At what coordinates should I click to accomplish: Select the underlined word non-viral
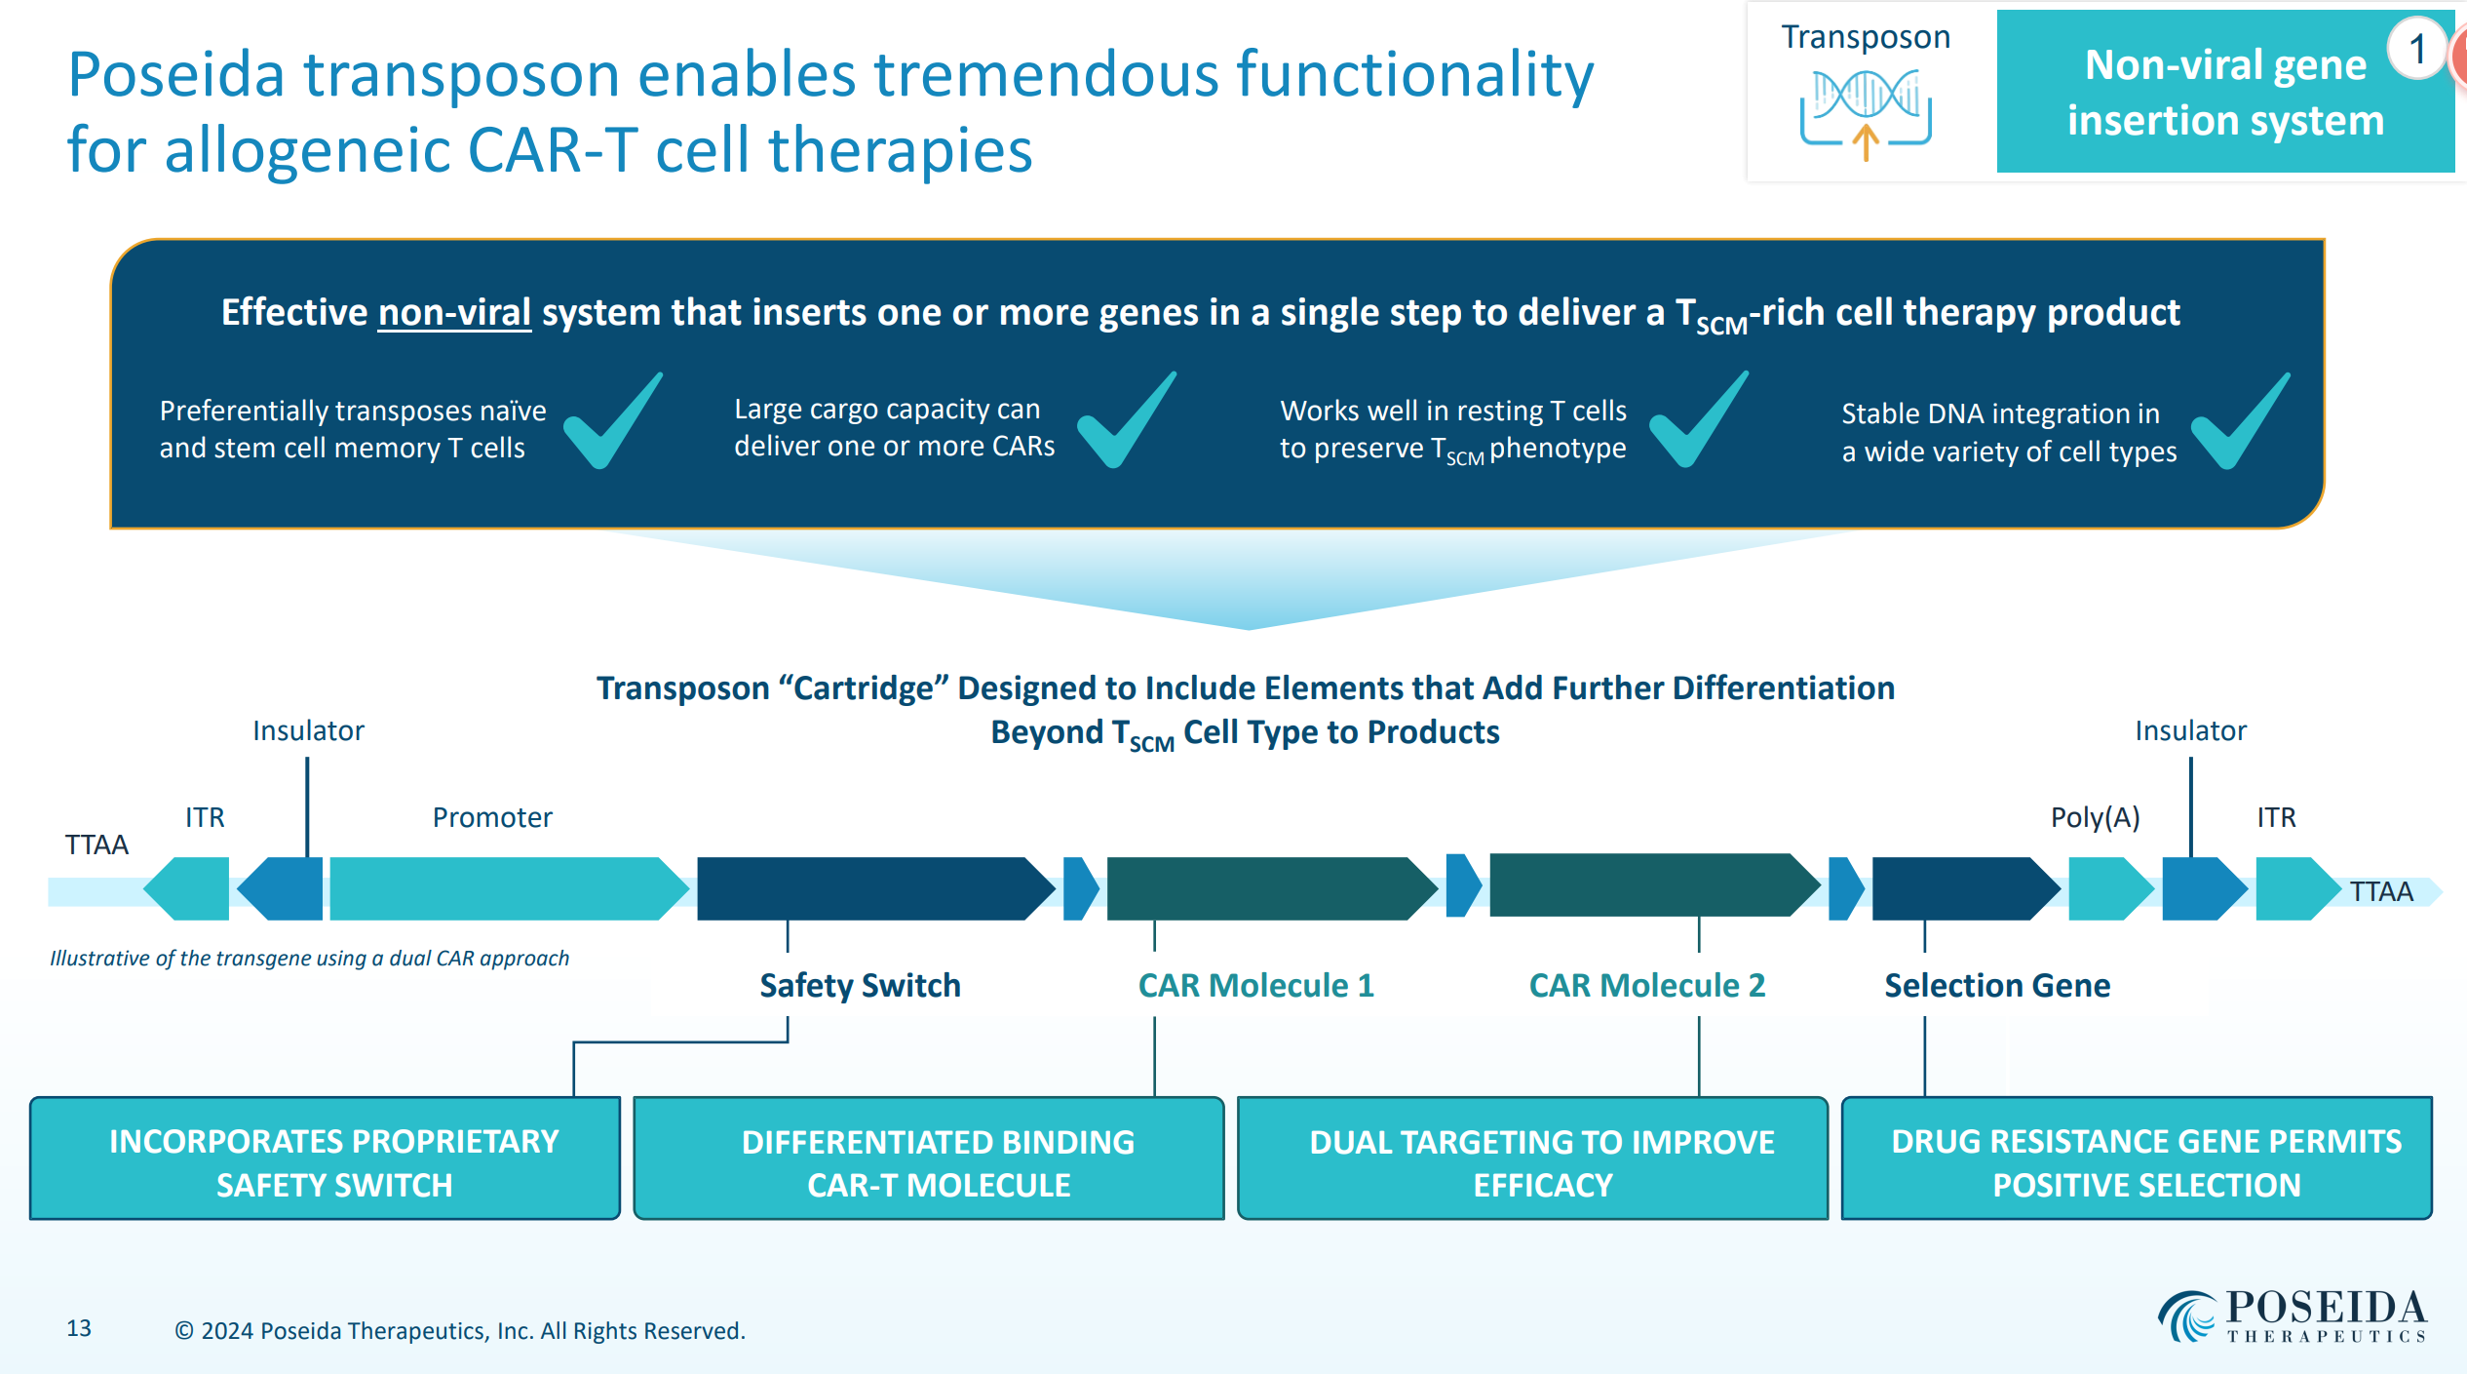454,312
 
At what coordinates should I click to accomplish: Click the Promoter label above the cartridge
492,817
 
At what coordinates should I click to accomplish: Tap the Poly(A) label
2095,817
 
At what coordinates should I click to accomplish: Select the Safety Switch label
860,985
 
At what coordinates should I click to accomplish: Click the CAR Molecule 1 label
1255,985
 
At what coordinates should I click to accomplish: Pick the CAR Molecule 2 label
1646,985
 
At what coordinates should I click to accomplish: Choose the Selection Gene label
1996,985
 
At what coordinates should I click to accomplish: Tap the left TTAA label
96,844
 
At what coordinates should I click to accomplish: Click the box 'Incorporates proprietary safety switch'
325,1158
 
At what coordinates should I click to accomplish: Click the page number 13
79,1328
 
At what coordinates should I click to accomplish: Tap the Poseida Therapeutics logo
2292,1316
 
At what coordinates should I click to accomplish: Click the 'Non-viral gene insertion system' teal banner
2224,93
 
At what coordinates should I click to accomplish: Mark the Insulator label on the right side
2190,730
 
